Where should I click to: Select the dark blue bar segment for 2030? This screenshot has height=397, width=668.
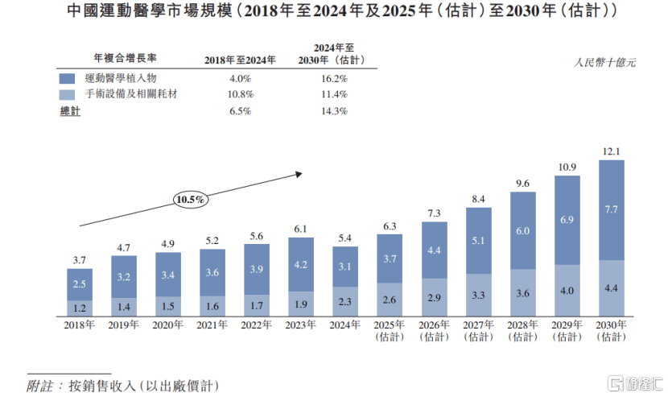coord(612,209)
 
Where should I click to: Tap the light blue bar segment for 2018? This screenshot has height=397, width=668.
coord(79,308)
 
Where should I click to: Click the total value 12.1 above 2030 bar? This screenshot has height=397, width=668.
coord(612,151)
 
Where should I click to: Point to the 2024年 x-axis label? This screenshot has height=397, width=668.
coord(345,325)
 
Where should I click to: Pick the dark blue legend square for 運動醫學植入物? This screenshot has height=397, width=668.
coord(68,79)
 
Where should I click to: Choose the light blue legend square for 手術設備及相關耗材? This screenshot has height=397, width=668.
coord(68,94)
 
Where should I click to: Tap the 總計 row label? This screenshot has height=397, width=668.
coord(71,111)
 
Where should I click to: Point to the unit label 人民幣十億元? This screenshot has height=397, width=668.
coord(604,61)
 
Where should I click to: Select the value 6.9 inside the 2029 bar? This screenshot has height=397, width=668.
coord(567,220)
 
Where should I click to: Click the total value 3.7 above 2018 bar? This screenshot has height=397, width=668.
coord(79,260)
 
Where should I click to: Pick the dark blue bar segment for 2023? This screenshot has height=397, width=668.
coord(301,264)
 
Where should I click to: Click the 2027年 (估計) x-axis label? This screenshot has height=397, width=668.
coord(479,331)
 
